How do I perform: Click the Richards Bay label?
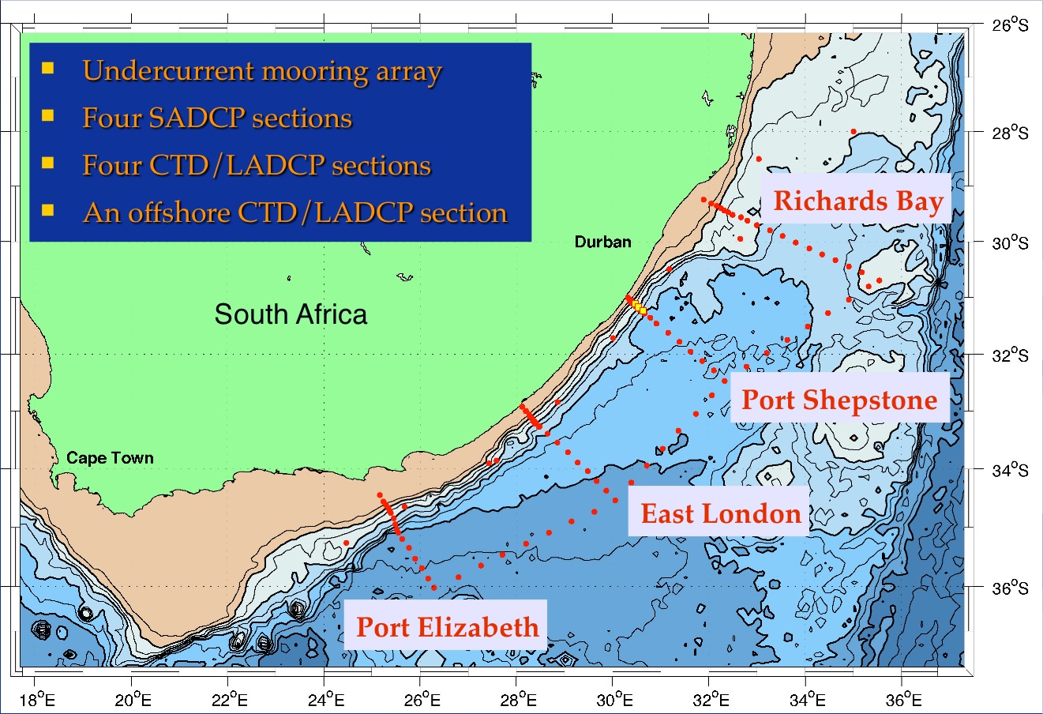pos(857,201)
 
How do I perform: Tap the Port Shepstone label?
pos(839,400)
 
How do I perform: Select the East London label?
pos(720,514)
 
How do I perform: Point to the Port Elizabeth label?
pos(447,627)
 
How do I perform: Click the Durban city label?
pos(602,242)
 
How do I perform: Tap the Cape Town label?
pos(110,458)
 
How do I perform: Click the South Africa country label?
pos(291,314)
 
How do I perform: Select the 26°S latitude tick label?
pos(1011,25)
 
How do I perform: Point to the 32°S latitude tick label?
pos(1011,355)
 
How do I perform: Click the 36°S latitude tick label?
pos(1011,589)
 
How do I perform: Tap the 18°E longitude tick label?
pos(36,699)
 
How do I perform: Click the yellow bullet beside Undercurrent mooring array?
pos(48,68)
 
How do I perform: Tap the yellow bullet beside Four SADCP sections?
pos(48,115)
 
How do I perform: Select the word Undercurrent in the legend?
pos(171,71)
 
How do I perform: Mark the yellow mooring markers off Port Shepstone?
pos(638,307)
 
